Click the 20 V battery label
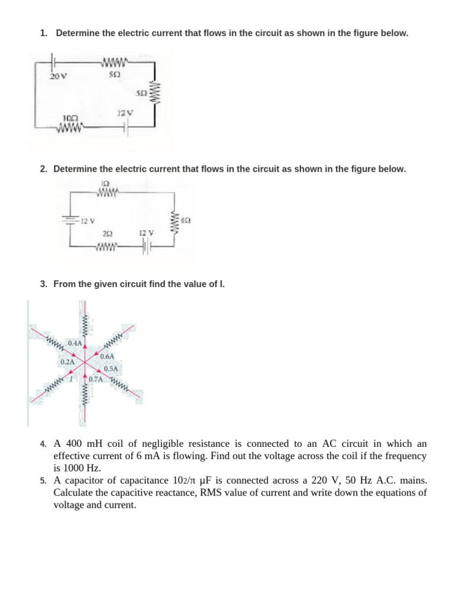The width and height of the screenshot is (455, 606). [58, 76]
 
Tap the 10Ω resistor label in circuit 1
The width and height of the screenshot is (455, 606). [71, 118]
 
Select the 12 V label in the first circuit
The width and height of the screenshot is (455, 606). [126, 112]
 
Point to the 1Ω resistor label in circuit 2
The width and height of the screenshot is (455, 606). [105, 183]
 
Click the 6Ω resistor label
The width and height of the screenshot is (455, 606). [185, 220]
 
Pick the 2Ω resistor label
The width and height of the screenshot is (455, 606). [107, 234]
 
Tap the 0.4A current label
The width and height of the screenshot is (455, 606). [75, 343]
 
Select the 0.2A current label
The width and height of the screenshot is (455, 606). [68, 362]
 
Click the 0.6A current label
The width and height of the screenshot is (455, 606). [107, 356]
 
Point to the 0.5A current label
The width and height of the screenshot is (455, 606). [111, 369]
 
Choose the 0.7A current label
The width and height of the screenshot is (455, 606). [96, 379]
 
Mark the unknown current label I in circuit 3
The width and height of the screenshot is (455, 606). [72, 378]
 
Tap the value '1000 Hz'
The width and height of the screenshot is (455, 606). [73, 467]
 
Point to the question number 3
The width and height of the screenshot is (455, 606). [43, 284]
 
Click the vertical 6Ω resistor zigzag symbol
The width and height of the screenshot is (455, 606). [175, 221]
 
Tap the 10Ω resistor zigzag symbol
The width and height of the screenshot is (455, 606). [71, 126]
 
